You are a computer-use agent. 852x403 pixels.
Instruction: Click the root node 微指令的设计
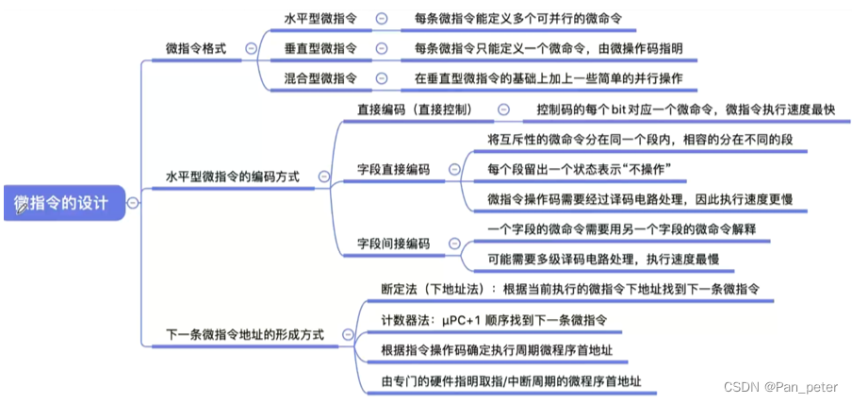[x=61, y=202]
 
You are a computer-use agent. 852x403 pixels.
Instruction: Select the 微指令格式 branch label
[x=195, y=48]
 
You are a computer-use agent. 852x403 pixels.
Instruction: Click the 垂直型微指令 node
[x=319, y=48]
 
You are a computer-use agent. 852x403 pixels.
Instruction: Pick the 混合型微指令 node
[x=319, y=78]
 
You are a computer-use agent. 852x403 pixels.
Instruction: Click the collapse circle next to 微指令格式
[x=250, y=48]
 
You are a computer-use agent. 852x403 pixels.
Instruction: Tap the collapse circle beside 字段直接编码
[x=454, y=170]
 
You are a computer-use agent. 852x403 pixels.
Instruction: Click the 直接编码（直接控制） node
[x=415, y=109]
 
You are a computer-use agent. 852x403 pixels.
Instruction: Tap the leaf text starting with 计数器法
[x=487, y=320]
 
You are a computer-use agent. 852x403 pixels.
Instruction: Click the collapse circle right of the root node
[x=133, y=202]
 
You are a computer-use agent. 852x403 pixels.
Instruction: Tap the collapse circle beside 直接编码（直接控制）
[x=504, y=109]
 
